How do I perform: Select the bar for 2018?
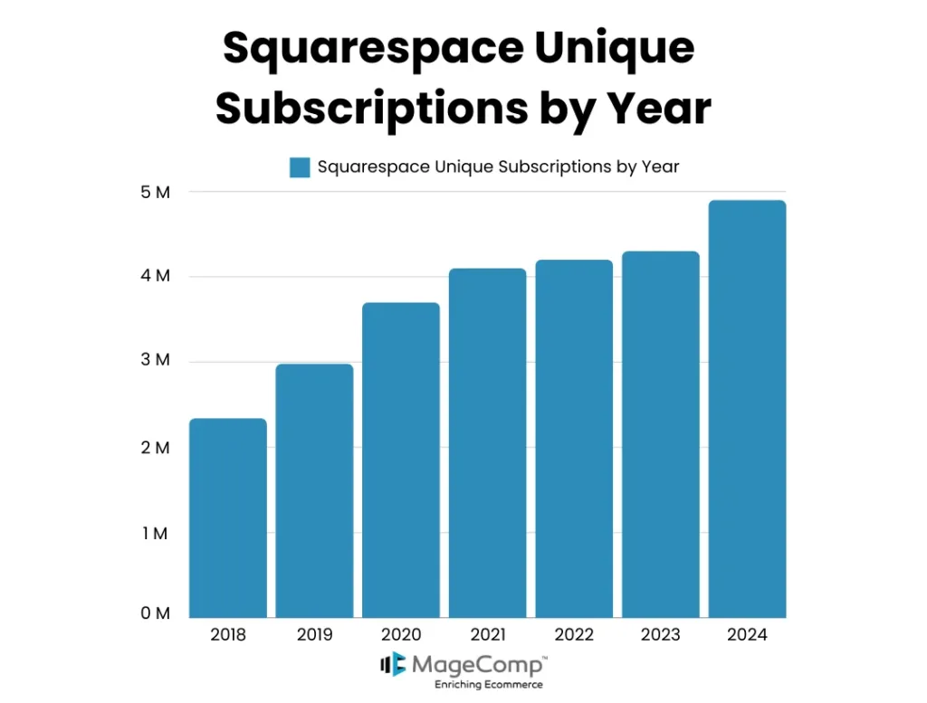tap(227, 518)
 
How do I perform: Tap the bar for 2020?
tap(401, 460)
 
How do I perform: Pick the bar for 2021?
tap(487, 442)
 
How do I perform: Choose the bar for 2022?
tap(574, 438)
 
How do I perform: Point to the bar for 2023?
tap(661, 434)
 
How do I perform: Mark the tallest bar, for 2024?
tap(747, 408)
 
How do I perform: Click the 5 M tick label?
tap(155, 192)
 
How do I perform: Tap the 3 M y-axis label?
tap(155, 360)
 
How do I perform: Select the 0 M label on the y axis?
tap(155, 613)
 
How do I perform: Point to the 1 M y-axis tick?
tap(155, 533)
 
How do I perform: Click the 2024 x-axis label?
tap(747, 635)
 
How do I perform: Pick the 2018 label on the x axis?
tap(227, 635)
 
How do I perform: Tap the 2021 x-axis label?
tap(487, 635)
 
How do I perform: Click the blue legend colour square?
tap(300, 167)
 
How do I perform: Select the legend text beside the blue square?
tap(498, 167)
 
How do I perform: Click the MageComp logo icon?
tap(393, 665)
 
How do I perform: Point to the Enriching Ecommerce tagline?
tap(488, 685)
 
